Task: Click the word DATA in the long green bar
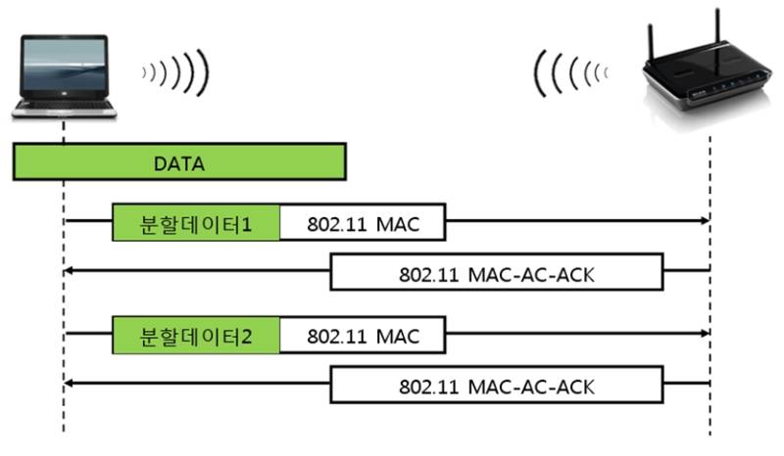tap(178, 163)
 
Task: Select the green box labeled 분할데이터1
tap(196, 224)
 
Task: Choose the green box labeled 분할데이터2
tap(196, 336)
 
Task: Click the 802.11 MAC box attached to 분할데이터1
tap(363, 224)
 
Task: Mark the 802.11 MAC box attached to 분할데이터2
tap(363, 336)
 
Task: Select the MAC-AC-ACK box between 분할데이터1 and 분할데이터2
tap(497, 273)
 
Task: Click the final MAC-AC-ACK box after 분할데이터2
tap(497, 385)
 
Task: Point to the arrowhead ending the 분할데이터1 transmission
tap(704, 223)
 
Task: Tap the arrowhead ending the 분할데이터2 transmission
tap(704, 335)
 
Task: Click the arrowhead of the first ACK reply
tap(70, 272)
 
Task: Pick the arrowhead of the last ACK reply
tap(70, 384)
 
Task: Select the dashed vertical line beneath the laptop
tap(64, 411)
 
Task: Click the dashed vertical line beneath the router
tap(710, 411)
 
